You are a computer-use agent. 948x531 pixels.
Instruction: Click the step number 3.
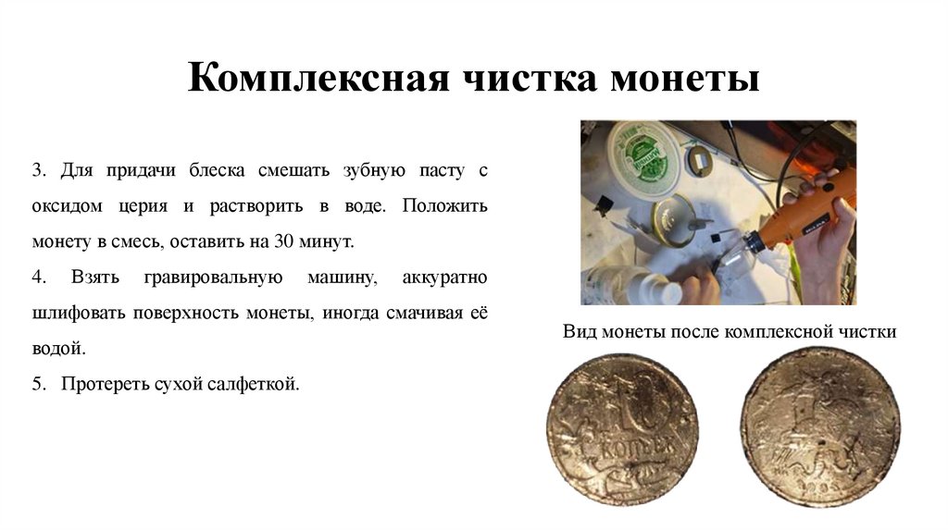[38, 171]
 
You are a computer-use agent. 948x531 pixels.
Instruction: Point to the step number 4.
[38, 278]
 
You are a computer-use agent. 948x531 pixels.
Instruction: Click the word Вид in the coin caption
[577, 331]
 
